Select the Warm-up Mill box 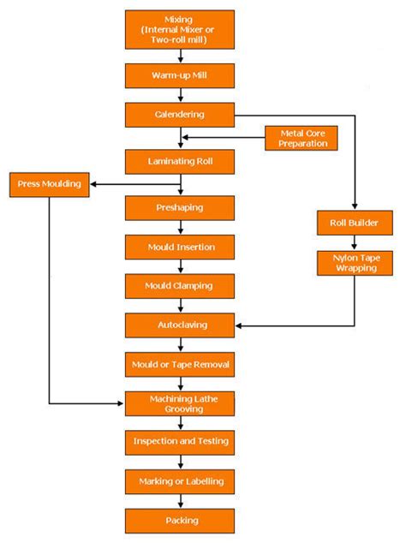point(179,75)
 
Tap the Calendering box point(179,115)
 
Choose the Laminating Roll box point(179,161)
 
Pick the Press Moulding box point(50,184)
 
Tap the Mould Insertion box point(179,248)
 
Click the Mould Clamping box point(179,285)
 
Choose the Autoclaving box point(179,325)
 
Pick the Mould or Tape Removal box point(179,365)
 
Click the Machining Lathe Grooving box point(179,403)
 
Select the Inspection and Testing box point(179,443)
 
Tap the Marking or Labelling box point(179,482)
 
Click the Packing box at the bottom point(179,521)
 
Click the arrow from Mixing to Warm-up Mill point(180,56)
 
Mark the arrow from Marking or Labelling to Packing point(180,502)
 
